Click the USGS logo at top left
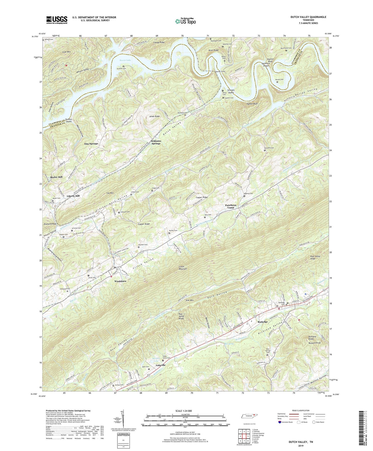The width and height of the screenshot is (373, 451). [x=57, y=20]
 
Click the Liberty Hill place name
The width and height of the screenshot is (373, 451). [x=73, y=196]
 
